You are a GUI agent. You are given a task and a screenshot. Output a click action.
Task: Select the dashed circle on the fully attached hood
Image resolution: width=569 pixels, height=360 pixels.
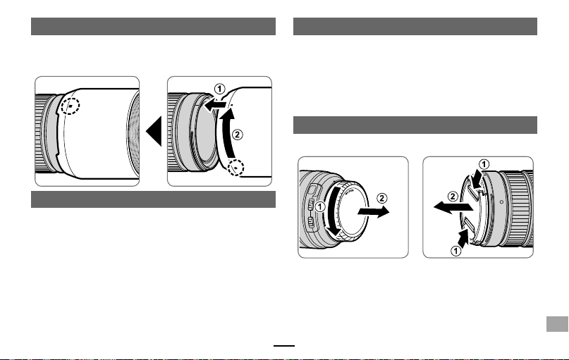tap(70, 106)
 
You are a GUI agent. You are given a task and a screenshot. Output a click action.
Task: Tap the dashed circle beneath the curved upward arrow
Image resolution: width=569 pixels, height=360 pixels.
tap(235, 168)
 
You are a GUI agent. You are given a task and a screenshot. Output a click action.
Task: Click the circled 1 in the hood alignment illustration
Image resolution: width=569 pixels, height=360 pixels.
tap(219, 89)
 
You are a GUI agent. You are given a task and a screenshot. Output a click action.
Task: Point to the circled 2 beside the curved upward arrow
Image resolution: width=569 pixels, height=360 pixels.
tap(237, 135)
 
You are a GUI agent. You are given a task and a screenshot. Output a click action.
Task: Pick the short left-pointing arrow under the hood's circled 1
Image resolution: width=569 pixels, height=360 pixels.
tap(215, 106)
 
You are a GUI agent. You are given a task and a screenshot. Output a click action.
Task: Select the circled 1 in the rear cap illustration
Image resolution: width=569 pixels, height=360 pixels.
tap(319, 206)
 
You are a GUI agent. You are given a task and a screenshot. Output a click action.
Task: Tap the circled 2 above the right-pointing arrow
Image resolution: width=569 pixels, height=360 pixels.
tap(381, 198)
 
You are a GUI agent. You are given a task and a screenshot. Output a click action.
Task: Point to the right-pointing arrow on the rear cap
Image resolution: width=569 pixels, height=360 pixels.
tap(374, 212)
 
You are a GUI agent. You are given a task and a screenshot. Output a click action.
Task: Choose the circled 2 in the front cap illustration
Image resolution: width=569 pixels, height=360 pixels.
tap(453, 197)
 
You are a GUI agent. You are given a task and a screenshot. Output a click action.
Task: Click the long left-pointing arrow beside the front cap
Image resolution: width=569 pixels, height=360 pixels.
tap(453, 207)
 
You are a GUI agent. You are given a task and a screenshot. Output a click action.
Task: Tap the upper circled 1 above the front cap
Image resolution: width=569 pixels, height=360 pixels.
tap(484, 164)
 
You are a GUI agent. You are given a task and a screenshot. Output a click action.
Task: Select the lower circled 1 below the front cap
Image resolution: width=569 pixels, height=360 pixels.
tap(455, 251)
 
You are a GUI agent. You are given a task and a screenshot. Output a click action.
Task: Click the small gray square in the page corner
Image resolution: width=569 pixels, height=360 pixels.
tap(557, 324)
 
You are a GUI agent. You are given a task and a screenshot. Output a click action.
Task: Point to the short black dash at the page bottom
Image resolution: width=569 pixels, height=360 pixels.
tap(284, 346)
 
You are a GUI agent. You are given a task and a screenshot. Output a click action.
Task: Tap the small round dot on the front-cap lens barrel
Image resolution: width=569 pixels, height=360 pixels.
tap(501, 202)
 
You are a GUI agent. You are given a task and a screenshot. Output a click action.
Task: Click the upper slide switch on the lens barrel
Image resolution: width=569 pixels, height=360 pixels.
tap(310, 205)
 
